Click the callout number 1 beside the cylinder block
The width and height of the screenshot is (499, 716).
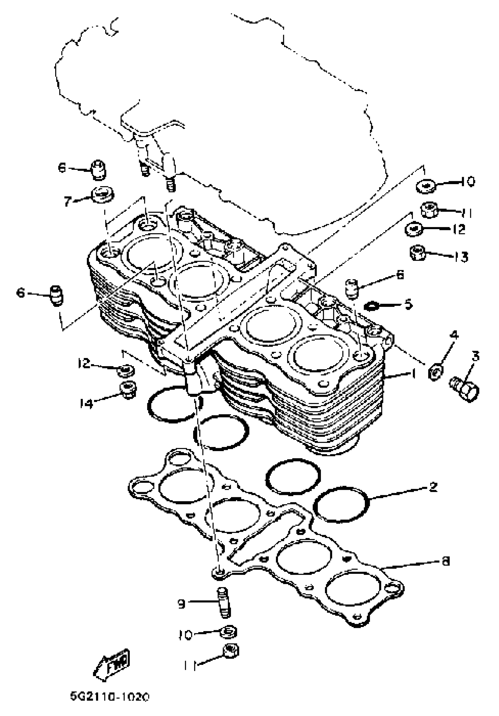414,374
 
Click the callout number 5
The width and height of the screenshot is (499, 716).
409,304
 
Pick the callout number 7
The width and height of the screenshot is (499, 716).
68,201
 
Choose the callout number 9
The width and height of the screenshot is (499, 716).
181,604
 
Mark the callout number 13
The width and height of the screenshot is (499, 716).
461,257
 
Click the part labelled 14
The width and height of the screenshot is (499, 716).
128,389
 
